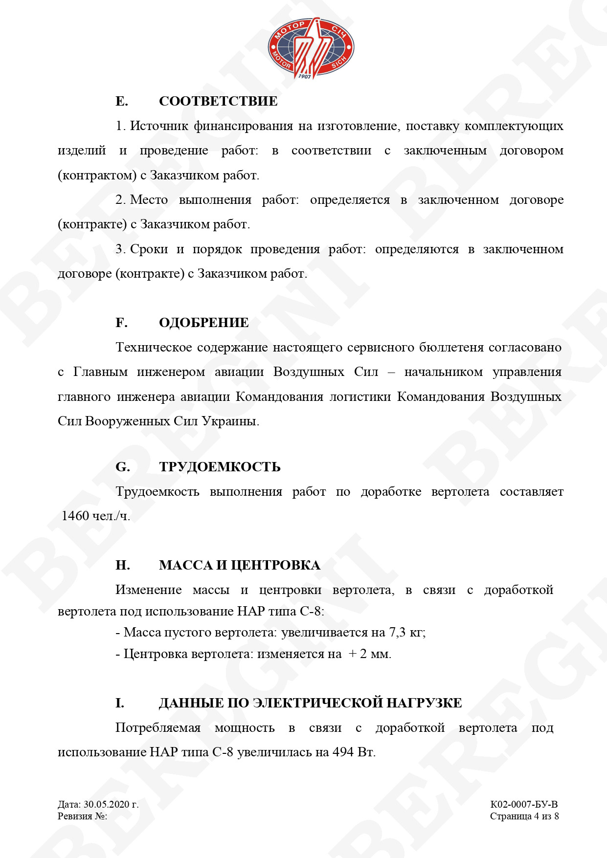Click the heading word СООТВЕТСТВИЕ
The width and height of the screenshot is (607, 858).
pos(218,101)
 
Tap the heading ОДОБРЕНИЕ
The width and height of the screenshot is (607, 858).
pos(203,323)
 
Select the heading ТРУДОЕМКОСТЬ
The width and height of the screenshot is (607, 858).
pos(220,467)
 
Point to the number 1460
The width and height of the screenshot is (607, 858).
pos(75,516)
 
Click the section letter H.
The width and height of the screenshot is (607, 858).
pos(122,565)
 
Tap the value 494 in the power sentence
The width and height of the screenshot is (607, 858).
pos(343,752)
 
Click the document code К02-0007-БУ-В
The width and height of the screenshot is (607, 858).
pos(524,804)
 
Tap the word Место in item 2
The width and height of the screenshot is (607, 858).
pos(149,200)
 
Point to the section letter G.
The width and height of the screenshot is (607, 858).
pos(122,467)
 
